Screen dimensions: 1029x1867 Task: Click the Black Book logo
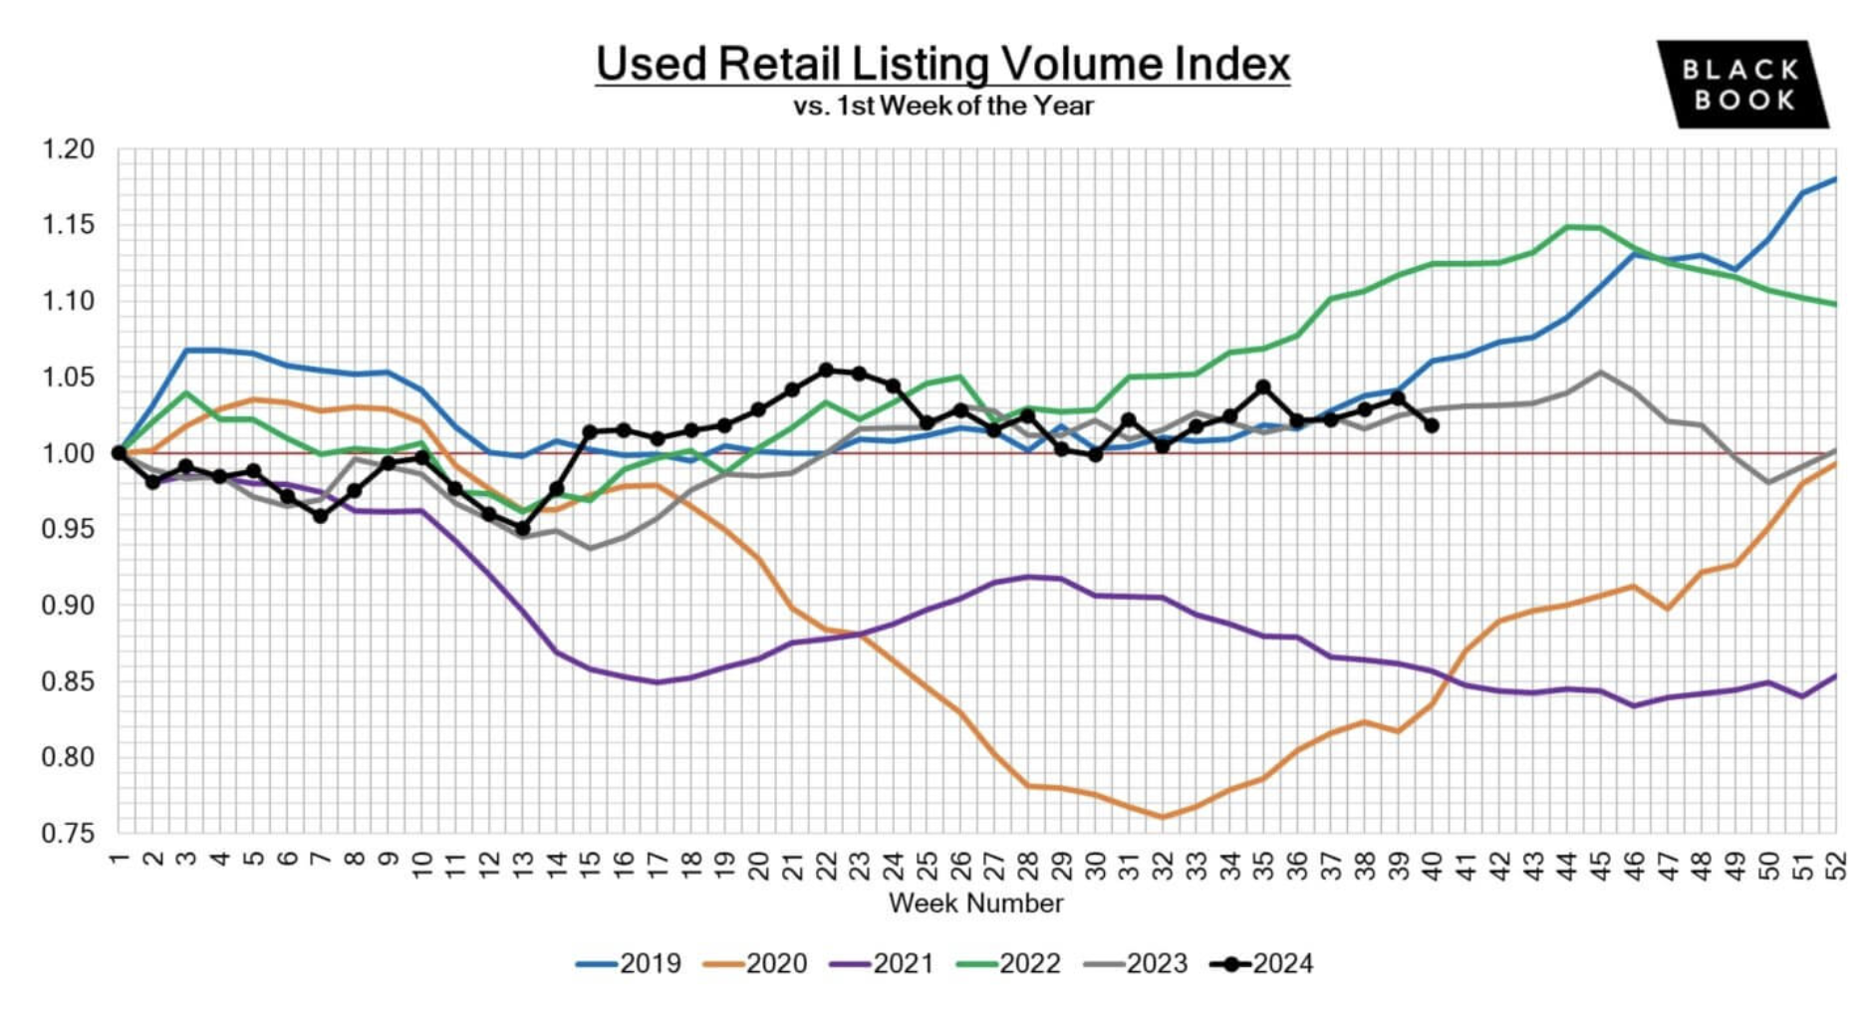pyautogui.click(x=1741, y=85)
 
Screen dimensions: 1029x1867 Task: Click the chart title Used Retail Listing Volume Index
pyautogui.click(x=942, y=64)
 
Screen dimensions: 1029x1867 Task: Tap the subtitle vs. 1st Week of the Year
pyautogui.click(x=942, y=106)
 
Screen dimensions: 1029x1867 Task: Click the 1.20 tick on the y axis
pyautogui.click(x=68, y=149)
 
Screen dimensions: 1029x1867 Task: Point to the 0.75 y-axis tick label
pyautogui.click(x=68, y=834)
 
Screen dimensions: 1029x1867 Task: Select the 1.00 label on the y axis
pyautogui.click(x=68, y=453)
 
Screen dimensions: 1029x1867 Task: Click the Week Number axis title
pyautogui.click(x=975, y=903)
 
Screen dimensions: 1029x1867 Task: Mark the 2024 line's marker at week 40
pyautogui.click(x=1432, y=425)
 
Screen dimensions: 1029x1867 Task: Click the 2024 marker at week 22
pyautogui.click(x=826, y=370)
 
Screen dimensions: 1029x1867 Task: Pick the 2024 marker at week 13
pyautogui.click(x=522, y=529)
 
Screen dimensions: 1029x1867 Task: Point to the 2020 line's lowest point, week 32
pyautogui.click(x=1162, y=817)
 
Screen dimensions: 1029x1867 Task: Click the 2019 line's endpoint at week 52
pyautogui.click(x=1835, y=179)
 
